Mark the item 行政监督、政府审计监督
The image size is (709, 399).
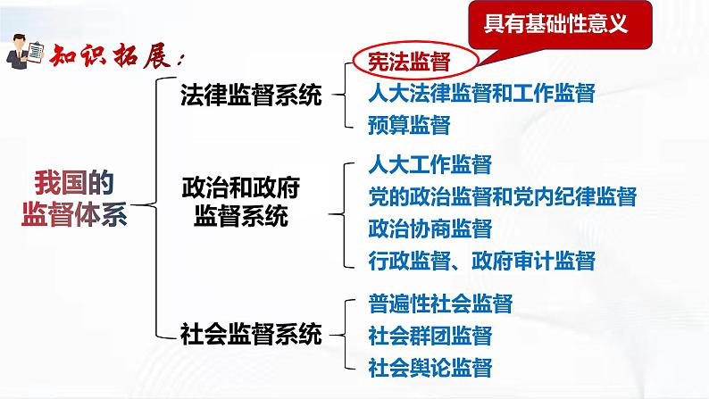pyautogui.click(x=480, y=261)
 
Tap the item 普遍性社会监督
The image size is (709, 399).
pyautogui.click(x=440, y=303)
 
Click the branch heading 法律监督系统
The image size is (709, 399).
pyautogui.click(x=251, y=95)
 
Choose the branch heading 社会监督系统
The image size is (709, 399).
pyautogui.click(x=251, y=336)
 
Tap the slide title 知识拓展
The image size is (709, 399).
pyautogui.click(x=114, y=55)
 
